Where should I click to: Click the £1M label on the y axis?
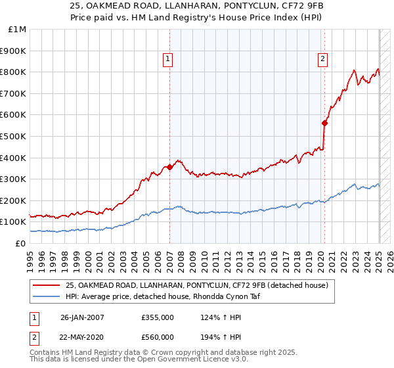click(18, 30)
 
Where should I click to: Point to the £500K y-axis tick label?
click(14, 136)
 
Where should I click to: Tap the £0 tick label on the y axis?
click(20, 243)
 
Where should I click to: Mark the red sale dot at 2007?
click(169, 167)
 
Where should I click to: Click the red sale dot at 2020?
click(324, 123)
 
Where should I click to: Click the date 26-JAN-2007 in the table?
click(82, 317)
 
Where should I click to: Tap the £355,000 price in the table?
click(157, 317)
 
